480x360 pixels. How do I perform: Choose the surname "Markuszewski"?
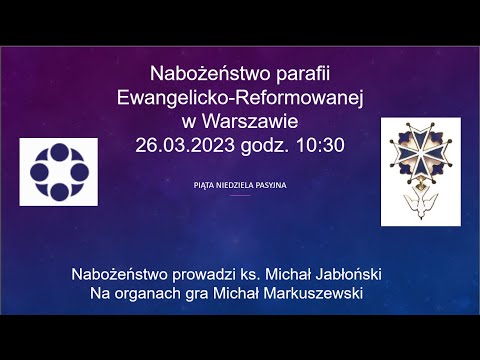pyautogui.click(x=308, y=293)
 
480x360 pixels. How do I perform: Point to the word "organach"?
pyautogui.click(x=144, y=293)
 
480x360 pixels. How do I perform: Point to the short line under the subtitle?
pyautogui.click(x=240, y=196)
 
